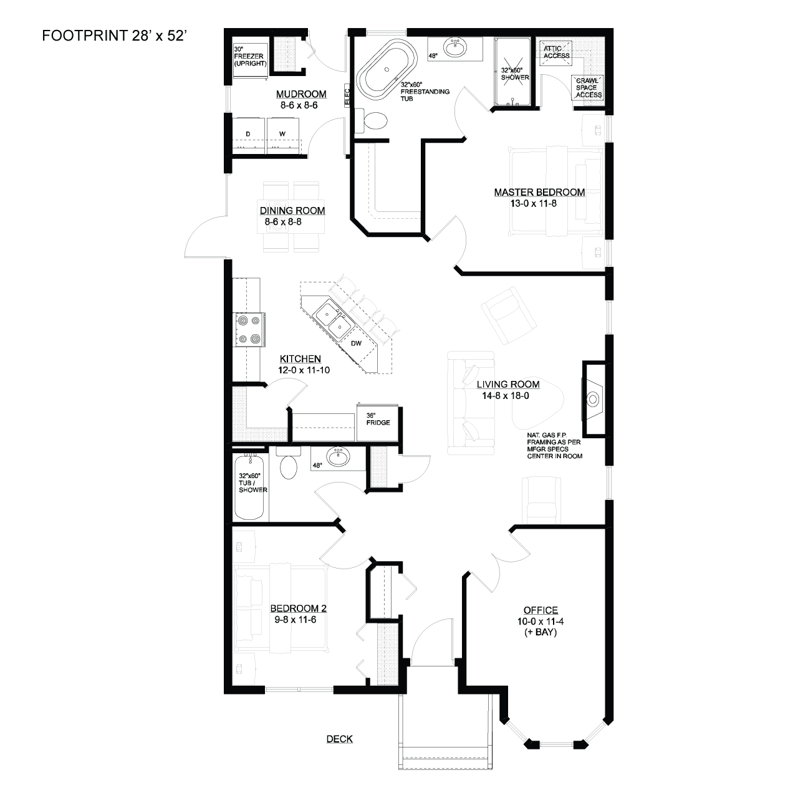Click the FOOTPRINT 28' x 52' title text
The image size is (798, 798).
coord(115,36)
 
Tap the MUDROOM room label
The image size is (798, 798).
coord(301,94)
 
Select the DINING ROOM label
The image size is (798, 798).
coord(292,210)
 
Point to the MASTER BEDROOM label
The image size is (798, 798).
coord(539,192)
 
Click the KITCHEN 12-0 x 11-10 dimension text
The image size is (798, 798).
coord(304,370)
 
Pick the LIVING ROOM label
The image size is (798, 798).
coord(508,384)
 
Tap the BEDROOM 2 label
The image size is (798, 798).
coord(298,608)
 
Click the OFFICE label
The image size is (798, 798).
coord(541,610)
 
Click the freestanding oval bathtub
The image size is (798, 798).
coord(387,70)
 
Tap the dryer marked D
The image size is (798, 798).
coord(248,135)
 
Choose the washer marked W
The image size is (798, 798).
coord(282,135)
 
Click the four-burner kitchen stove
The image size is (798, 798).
coord(250,330)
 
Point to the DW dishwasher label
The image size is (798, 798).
coord(356,343)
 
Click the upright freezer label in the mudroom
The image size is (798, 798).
coord(250,56)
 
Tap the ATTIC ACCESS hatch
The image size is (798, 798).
coord(556,52)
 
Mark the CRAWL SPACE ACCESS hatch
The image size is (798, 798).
coord(588,88)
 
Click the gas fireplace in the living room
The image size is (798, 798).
coord(594,399)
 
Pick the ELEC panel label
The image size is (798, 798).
coord(347,96)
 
